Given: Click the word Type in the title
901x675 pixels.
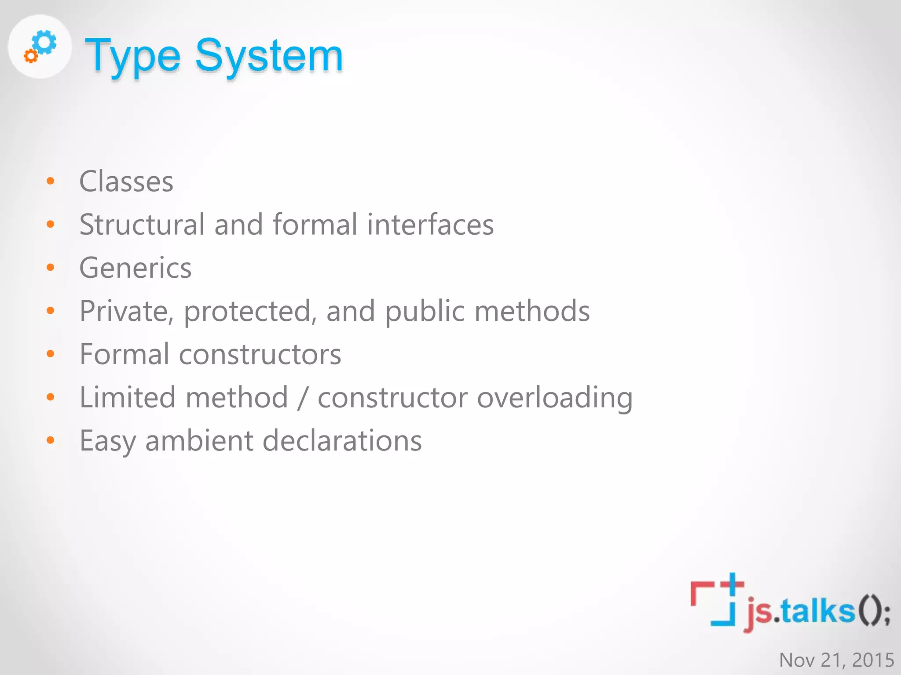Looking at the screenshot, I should pos(132,56).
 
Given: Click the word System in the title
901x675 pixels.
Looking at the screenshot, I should pos(269,56).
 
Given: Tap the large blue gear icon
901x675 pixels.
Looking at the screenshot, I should pos(45,43).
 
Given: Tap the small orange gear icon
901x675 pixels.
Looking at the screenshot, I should pos(30,56).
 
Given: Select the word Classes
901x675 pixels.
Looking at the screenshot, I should pos(126,181).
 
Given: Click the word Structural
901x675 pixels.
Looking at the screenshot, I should pos(142,225).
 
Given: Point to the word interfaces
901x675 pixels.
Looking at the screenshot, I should pos(430,225).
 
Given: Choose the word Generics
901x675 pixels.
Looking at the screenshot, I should pos(136,268).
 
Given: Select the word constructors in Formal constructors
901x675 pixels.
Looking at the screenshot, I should pos(260,354).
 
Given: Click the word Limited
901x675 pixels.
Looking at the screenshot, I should pos(127,397).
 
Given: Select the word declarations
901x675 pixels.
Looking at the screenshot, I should pos(342,441).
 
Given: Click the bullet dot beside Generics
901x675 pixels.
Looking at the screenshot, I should pos(51,268).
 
